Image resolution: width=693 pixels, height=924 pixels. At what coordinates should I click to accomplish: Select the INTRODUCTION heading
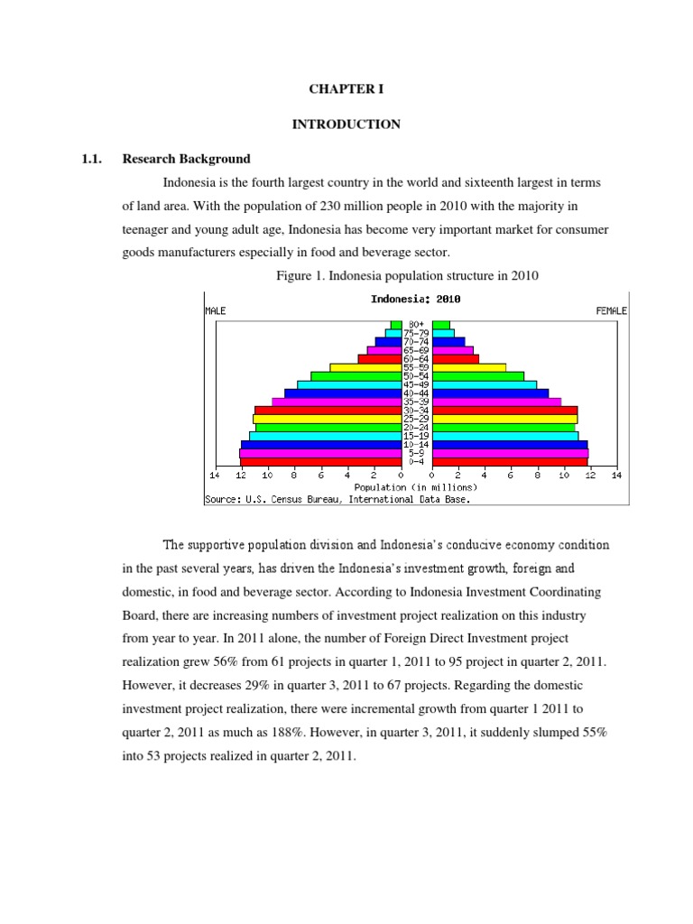[x=346, y=125]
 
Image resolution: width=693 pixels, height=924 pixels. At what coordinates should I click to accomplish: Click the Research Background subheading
[x=187, y=159]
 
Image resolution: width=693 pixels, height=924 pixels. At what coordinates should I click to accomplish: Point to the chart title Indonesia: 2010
[x=416, y=299]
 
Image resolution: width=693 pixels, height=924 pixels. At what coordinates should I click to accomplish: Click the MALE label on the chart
[x=216, y=310]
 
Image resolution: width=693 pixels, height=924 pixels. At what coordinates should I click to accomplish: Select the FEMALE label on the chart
[x=612, y=310]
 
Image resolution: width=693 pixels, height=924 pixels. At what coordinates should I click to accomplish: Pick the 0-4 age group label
[x=416, y=462]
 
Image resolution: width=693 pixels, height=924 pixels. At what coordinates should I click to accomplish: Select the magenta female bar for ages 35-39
[x=496, y=402]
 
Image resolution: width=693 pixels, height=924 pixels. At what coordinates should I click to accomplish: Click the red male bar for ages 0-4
[x=320, y=462]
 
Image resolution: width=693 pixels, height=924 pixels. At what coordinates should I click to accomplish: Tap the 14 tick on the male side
[x=215, y=475]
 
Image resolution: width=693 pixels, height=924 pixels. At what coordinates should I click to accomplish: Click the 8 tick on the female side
[x=537, y=475]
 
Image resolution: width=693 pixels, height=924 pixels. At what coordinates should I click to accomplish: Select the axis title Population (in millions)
[x=416, y=486]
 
